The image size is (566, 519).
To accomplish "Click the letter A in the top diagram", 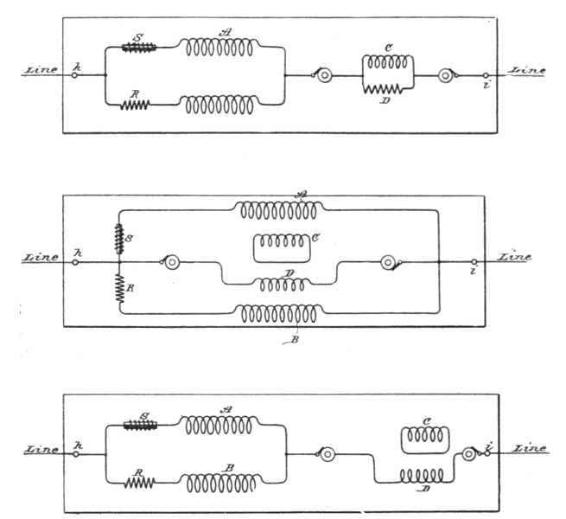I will pyautogui.click(x=226, y=31).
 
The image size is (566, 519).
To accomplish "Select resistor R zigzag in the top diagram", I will pyautogui.click(x=135, y=105).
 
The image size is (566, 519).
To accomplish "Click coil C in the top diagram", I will pyautogui.click(x=388, y=63).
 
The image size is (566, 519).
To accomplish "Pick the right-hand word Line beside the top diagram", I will pyautogui.click(x=527, y=71).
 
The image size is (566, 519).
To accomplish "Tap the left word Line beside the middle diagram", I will pyautogui.click(x=41, y=256).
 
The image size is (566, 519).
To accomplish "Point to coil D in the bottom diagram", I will pyautogui.click(x=423, y=476).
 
